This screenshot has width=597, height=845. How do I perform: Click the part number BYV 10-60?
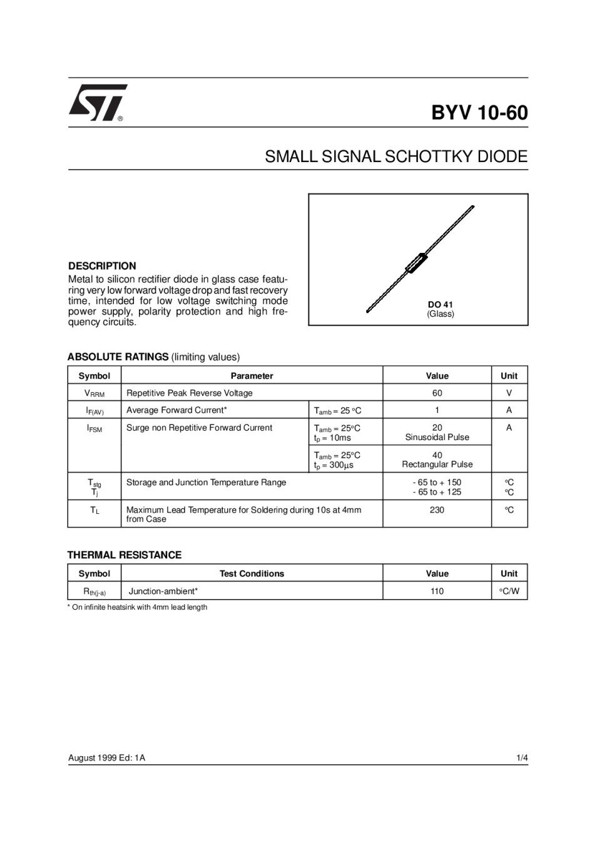pos(479,113)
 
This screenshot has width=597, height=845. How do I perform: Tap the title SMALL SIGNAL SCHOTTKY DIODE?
pos(396,156)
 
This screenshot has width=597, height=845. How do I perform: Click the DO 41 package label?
pos(440,305)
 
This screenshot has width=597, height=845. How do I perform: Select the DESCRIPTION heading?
pos(102,266)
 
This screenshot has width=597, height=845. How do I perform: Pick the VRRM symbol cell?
pos(94,394)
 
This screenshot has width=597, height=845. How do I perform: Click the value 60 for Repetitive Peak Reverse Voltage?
pos(437,393)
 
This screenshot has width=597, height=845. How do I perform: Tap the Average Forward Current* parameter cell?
pos(176,410)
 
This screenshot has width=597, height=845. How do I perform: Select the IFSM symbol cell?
pos(94,429)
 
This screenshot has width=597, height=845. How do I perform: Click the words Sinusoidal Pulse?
pos(437,438)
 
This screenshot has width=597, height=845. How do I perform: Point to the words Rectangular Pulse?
pos(437,464)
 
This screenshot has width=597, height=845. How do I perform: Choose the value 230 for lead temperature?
pos(437,510)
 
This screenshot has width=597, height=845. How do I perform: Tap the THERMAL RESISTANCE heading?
pos(125,555)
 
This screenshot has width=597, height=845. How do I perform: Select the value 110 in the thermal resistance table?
pos(437,591)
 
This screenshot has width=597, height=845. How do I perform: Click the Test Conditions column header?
pos(252,573)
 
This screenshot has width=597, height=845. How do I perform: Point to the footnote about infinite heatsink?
pos(138,607)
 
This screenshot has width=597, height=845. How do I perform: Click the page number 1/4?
pos(522,758)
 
